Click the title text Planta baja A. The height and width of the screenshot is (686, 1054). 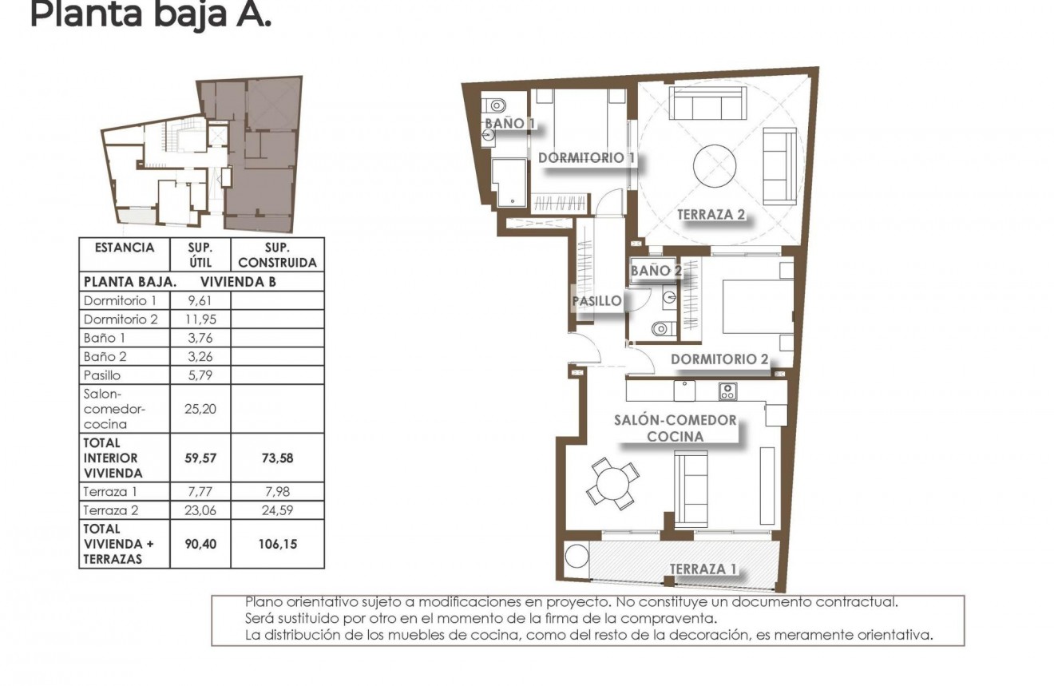click(x=150, y=14)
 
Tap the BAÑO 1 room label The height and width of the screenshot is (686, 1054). click(x=509, y=124)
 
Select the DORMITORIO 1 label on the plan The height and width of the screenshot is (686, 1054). click(x=586, y=158)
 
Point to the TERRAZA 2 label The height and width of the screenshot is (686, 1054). click(x=711, y=214)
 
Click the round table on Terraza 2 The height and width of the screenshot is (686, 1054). click(x=715, y=167)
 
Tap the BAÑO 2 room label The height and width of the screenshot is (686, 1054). click(x=656, y=271)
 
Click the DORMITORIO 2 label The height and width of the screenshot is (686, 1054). click(x=719, y=359)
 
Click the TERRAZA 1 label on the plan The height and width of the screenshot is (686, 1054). click(x=702, y=569)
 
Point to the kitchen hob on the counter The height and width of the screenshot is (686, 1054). click(x=727, y=391)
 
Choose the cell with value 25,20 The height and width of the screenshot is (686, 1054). click(x=200, y=408)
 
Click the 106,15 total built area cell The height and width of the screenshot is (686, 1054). click(x=277, y=544)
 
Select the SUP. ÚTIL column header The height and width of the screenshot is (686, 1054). click(x=200, y=255)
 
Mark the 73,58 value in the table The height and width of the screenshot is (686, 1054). click(x=277, y=458)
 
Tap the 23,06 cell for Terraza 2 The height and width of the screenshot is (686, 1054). click(x=200, y=510)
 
